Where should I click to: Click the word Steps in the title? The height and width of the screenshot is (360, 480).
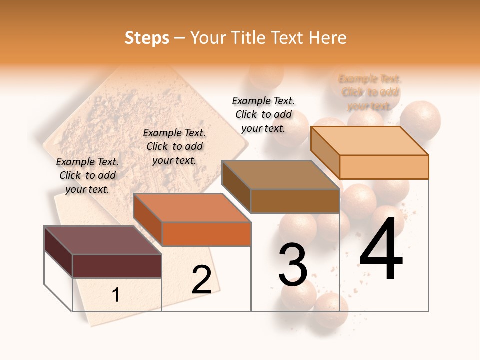147,38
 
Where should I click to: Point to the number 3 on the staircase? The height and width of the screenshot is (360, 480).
293,264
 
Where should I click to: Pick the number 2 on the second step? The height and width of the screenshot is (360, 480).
201,280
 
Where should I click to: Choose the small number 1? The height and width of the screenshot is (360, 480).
116,295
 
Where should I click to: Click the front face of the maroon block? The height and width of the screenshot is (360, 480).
117,266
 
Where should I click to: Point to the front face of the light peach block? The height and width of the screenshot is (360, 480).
384,167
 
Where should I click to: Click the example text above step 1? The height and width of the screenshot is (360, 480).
87,175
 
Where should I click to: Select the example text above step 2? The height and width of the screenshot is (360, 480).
174,146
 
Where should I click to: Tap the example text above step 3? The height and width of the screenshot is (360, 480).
263,114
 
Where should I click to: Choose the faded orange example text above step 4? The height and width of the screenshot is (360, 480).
370,92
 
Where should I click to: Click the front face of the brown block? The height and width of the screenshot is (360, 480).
295,201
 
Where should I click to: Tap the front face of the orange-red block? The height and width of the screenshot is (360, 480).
206,234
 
